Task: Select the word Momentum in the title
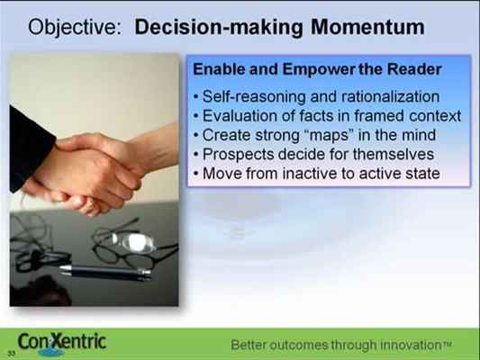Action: pyautogui.click(x=367, y=27)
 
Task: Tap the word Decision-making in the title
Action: pyautogui.click(x=219, y=28)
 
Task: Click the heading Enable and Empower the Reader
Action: pyautogui.click(x=317, y=69)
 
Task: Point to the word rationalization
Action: pyautogui.click(x=390, y=96)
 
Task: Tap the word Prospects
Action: pyautogui.click(x=238, y=155)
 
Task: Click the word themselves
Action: pyautogui.click(x=394, y=154)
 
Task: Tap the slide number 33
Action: pyautogui.click(x=12, y=354)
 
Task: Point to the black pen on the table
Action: pyautogui.click(x=105, y=272)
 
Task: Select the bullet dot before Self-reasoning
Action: pyautogui.click(x=196, y=97)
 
